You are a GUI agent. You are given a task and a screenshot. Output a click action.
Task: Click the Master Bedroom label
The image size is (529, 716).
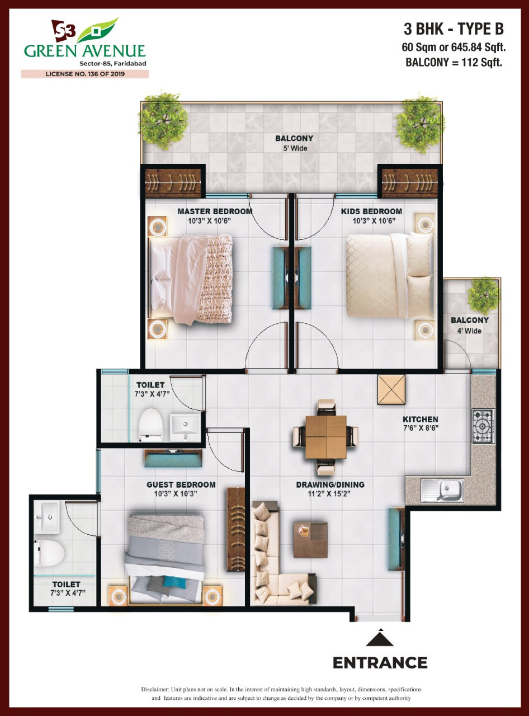[x=215, y=211]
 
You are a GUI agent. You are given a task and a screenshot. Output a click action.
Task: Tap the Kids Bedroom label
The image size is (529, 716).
[x=371, y=211]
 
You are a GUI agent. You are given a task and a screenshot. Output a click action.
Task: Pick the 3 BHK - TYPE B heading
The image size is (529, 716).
[x=454, y=30]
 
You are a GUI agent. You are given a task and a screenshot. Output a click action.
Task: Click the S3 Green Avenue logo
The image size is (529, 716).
[x=85, y=42]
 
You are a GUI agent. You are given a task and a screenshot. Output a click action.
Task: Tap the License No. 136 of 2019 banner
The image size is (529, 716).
[x=85, y=74]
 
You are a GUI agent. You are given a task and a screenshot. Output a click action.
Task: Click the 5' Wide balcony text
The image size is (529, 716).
[x=294, y=148]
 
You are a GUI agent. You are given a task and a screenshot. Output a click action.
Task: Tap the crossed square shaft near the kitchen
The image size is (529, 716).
[x=391, y=389]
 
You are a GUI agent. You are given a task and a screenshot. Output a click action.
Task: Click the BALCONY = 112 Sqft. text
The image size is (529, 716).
[x=454, y=63]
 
